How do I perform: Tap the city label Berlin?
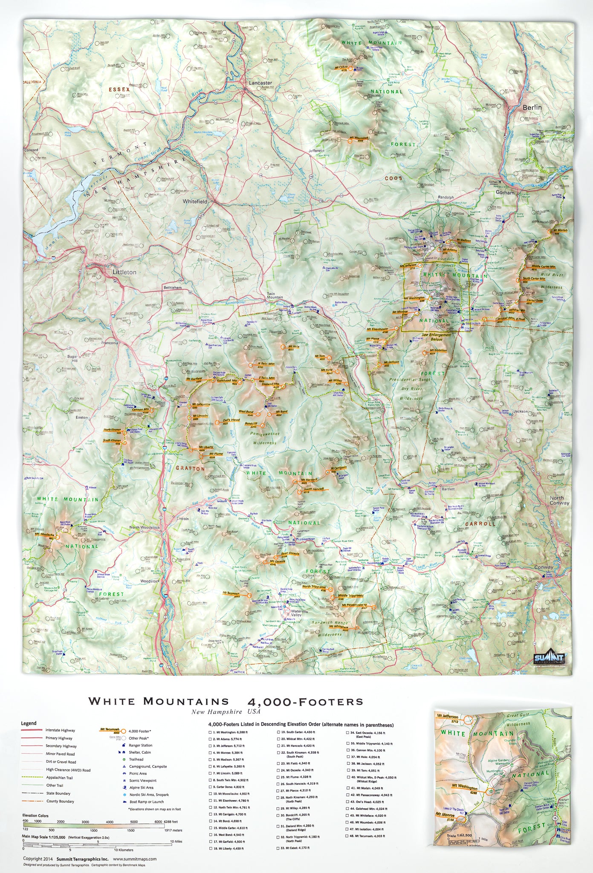tap(532, 107)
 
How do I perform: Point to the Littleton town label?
tap(124, 272)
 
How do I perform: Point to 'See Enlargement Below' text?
tap(437, 337)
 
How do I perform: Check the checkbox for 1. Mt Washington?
tap(210, 732)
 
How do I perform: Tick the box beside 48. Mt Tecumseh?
tap(348, 836)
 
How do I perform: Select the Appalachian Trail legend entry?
tap(59, 778)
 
